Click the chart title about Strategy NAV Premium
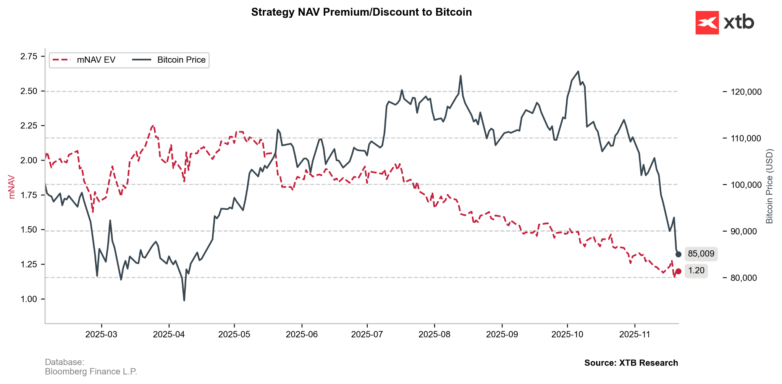pyautogui.click(x=361, y=12)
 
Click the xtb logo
pyautogui.click(x=725, y=23)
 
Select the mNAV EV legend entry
pyautogui.click(x=84, y=60)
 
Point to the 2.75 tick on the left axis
pyautogui.click(x=29, y=57)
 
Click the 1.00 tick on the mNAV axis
pyautogui.click(x=29, y=299)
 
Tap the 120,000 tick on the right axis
pyautogui.click(x=746, y=92)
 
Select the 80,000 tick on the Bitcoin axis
pyautogui.click(x=743, y=278)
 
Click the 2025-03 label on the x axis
pyautogui.click(x=101, y=334)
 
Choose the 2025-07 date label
pyautogui.click(x=367, y=334)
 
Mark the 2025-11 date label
pyautogui.click(x=635, y=334)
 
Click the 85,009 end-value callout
pyautogui.click(x=701, y=254)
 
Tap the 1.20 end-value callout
pyautogui.click(x=696, y=271)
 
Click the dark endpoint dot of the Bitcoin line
pyautogui.click(x=679, y=254)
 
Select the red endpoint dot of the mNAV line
pyautogui.click(x=679, y=272)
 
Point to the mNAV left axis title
pyautogui.click(x=12, y=187)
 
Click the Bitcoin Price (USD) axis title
pyautogui.click(x=769, y=186)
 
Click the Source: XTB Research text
pyautogui.click(x=631, y=363)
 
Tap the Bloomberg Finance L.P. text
pyautogui.click(x=91, y=371)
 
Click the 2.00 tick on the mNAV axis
pyautogui.click(x=29, y=160)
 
